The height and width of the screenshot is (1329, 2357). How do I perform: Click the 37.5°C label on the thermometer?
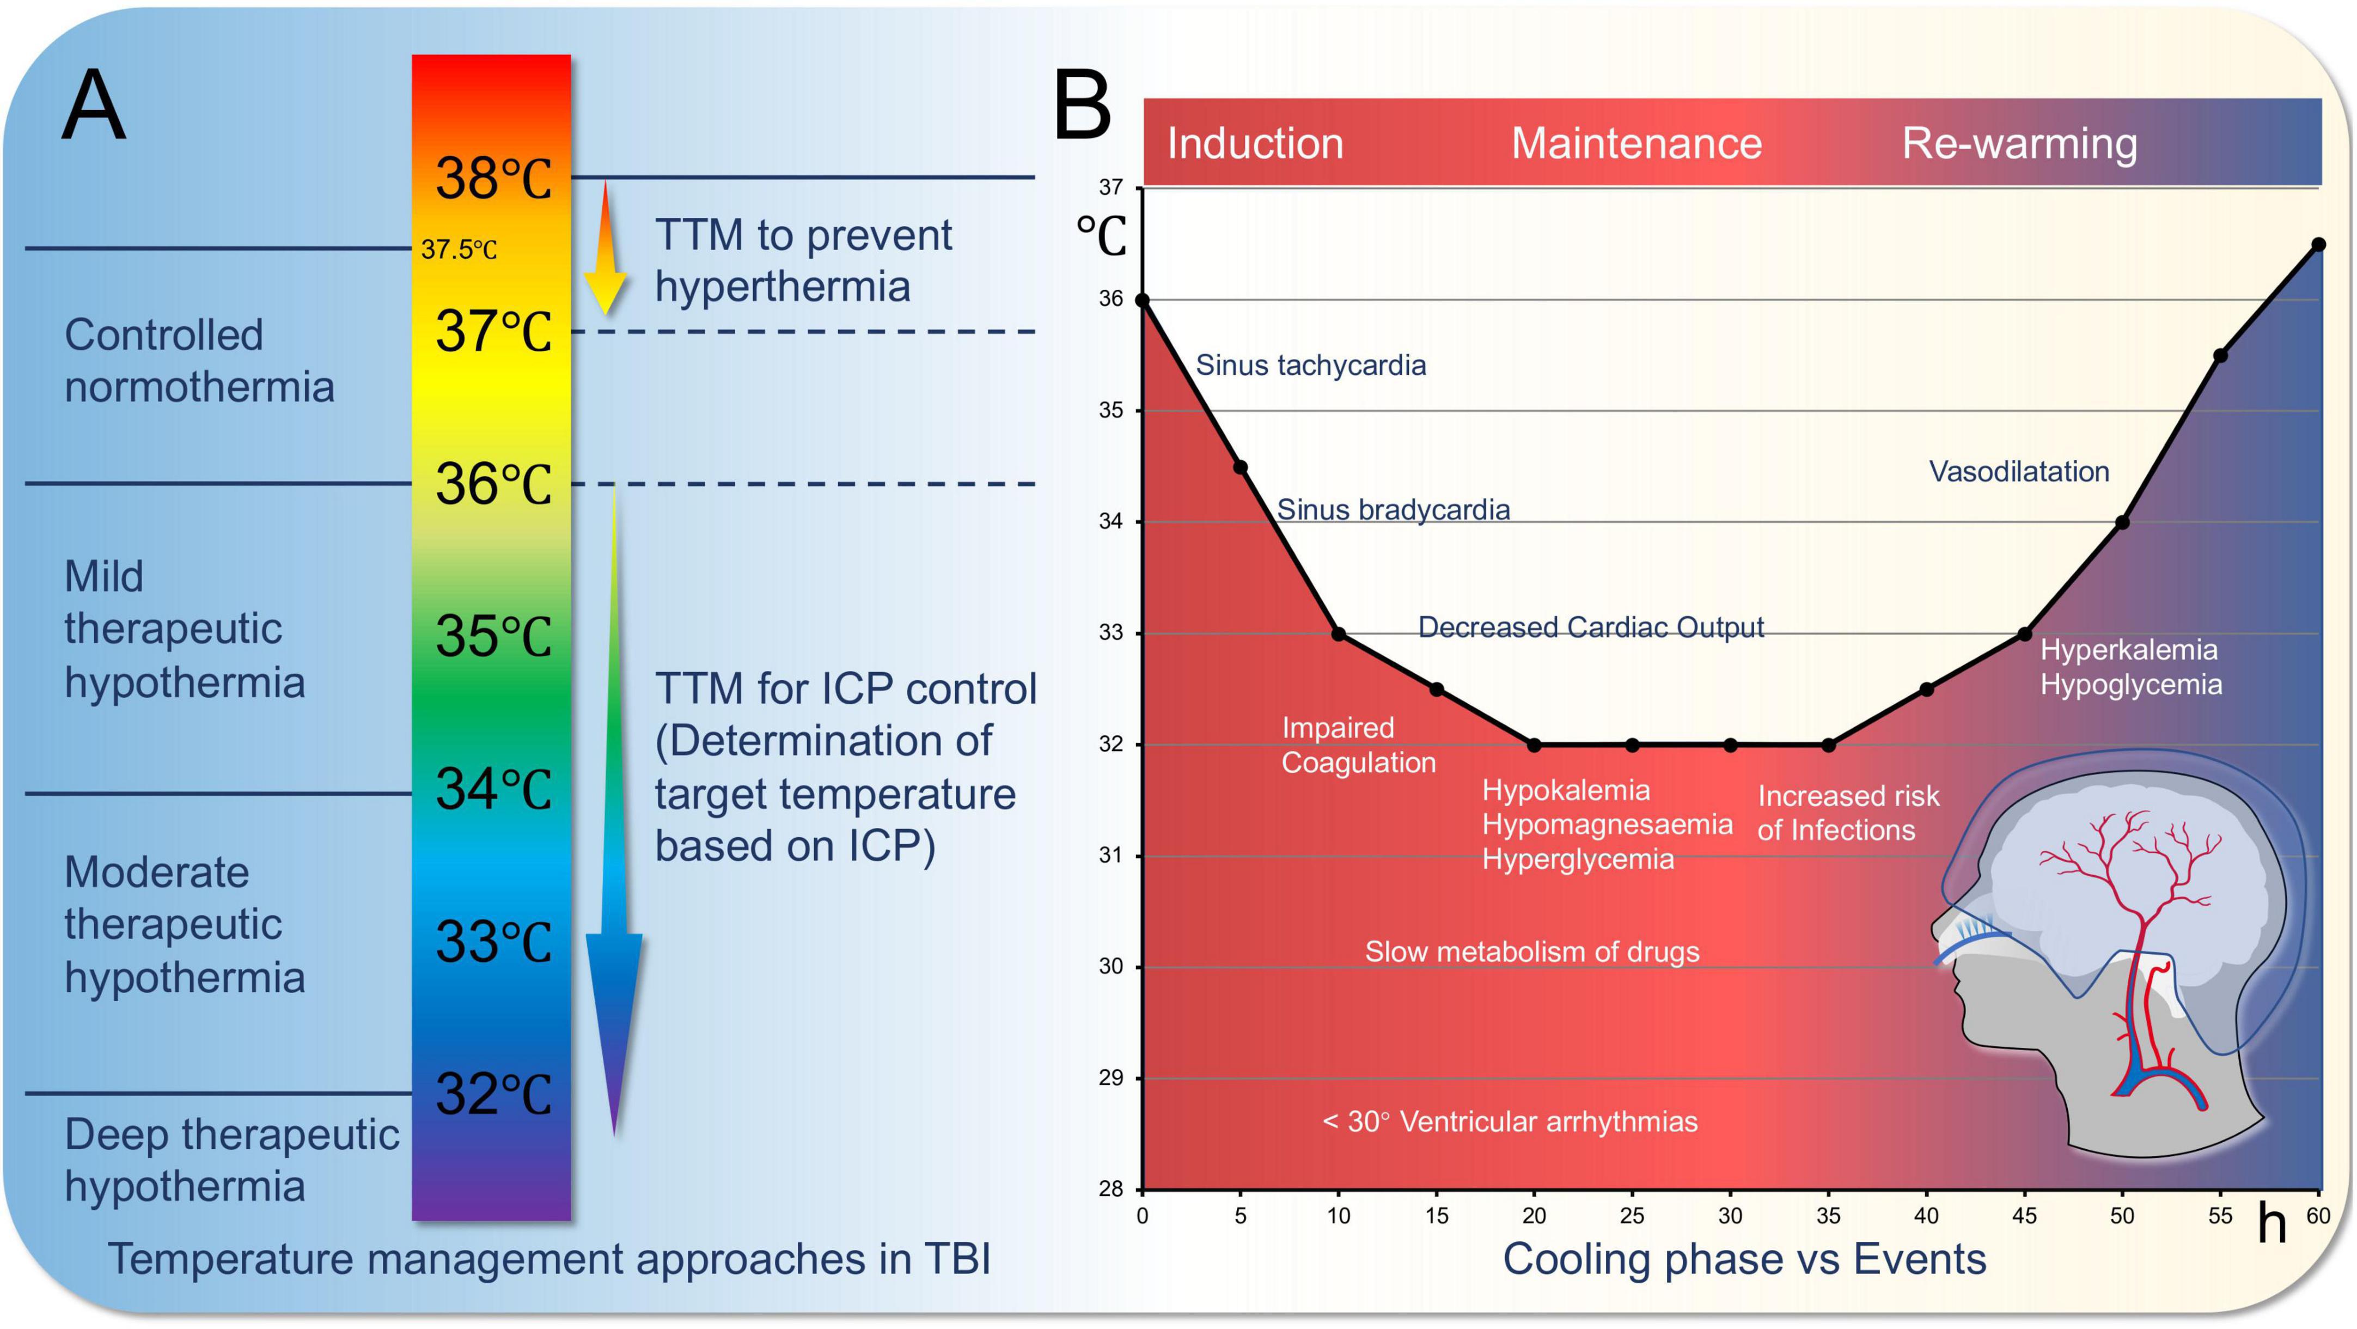tap(459, 249)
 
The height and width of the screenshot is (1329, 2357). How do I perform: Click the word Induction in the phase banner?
tap(1254, 144)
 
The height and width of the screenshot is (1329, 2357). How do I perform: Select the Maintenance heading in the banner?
tap(1636, 144)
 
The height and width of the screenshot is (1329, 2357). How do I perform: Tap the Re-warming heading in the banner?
tap(2019, 144)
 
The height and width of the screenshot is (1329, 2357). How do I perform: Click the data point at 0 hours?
tap(1142, 300)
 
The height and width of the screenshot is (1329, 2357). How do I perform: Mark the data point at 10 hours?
tap(1339, 633)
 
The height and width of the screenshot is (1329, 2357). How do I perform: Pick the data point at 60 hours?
tap(2318, 245)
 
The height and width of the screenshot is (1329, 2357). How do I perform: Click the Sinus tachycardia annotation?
tap(1310, 365)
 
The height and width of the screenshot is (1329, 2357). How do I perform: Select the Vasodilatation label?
tap(2018, 471)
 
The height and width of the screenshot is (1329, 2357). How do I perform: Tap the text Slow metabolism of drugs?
tap(1532, 952)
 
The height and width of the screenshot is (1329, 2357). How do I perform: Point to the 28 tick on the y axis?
tap(1111, 1189)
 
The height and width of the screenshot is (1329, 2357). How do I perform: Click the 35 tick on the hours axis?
tap(1828, 1216)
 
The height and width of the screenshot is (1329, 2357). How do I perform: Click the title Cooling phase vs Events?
tap(1744, 1259)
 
